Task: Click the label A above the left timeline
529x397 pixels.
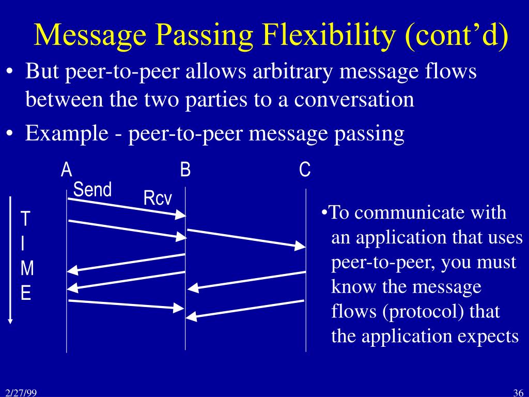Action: point(66,170)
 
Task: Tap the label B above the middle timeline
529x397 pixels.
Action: point(185,170)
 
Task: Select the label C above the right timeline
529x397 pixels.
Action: point(305,170)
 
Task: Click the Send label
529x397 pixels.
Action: point(92,190)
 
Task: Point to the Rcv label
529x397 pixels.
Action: point(158,198)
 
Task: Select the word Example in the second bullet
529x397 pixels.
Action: point(59,133)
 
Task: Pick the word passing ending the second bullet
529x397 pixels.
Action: point(370,133)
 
